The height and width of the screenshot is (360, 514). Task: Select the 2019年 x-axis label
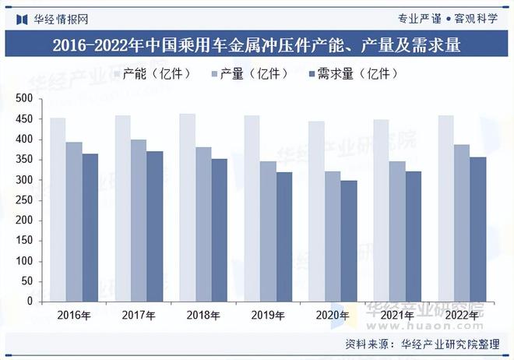click(x=268, y=316)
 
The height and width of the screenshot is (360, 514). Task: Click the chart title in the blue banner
click(x=257, y=45)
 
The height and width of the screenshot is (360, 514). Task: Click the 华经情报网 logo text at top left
click(x=61, y=18)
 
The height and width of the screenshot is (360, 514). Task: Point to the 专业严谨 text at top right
click(x=420, y=18)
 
